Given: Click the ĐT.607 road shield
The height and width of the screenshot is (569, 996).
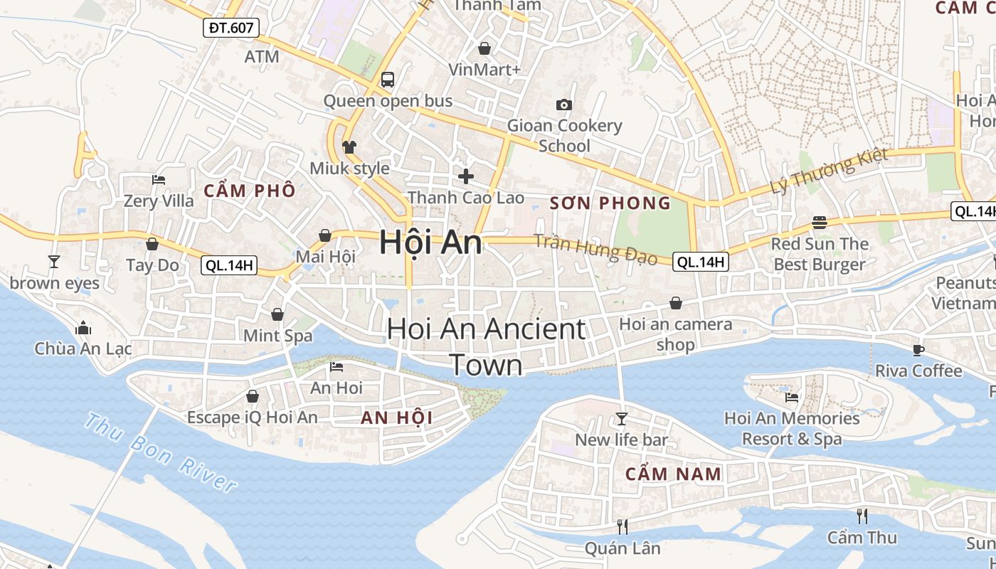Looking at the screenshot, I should tap(231, 28).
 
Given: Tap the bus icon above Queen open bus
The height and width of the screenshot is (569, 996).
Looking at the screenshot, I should tap(388, 79).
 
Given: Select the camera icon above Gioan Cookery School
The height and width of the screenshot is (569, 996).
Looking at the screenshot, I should tap(564, 105).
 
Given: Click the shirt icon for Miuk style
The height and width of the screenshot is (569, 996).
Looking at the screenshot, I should tap(349, 147).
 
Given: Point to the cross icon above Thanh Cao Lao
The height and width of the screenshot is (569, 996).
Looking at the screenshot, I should tap(466, 176).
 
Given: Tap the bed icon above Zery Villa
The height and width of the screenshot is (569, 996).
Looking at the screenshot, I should tap(159, 180).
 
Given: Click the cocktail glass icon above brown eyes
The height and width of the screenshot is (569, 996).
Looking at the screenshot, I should tap(54, 262).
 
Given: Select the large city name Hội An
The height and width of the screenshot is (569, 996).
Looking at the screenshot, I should tap(430, 243).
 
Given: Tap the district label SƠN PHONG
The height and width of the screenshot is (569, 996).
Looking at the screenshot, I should tap(610, 203).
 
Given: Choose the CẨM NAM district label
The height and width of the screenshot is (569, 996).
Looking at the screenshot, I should tap(673, 474).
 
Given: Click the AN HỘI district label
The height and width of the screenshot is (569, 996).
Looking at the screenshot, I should tap(397, 418).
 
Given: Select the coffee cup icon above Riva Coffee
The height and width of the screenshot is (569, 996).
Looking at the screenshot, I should tap(918, 349).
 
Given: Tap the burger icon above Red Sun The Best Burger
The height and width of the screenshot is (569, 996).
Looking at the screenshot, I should tap(820, 223).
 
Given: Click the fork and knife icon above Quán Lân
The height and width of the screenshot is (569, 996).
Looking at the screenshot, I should tap(622, 526).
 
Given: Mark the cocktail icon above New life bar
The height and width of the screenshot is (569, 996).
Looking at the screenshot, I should tap(622, 418).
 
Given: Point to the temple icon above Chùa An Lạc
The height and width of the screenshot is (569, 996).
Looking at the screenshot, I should tap(83, 328).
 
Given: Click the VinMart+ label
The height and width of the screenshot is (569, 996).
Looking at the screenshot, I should tap(484, 69).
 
